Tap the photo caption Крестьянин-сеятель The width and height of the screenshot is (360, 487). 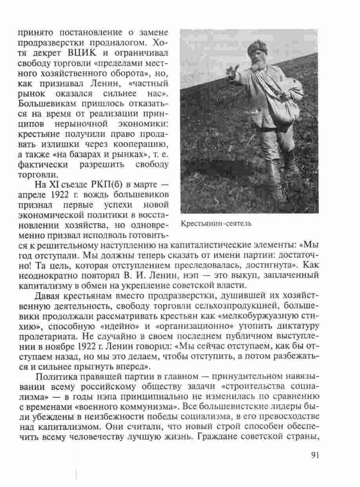pos(216,224)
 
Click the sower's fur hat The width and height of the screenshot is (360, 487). pos(258,47)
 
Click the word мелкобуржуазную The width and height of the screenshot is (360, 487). pos(251,316)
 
